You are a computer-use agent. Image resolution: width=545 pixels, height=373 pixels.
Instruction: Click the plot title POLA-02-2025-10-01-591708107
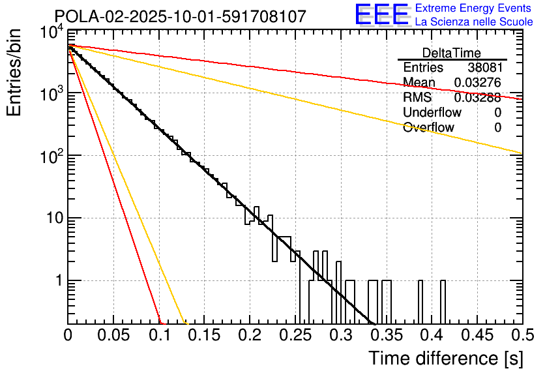coord(180,16)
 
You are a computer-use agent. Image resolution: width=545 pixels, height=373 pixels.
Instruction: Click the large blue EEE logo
coord(381,16)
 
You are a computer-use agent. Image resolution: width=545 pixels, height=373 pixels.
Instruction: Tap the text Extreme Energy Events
coord(474,8)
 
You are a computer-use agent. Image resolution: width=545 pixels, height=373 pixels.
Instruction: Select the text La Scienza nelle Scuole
coord(474,22)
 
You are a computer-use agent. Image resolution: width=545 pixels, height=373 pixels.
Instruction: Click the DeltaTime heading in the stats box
coord(452,53)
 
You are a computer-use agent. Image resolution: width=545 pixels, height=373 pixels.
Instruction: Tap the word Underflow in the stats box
coord(432,113)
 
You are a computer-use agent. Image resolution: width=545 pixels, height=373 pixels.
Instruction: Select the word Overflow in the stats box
coord(428,128)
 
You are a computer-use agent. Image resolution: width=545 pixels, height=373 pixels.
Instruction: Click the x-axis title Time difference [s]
coord(445,358)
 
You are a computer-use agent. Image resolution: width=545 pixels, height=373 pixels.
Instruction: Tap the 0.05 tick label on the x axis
coord(113,336)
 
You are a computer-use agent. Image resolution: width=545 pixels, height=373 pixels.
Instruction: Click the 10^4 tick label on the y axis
coord(51,33)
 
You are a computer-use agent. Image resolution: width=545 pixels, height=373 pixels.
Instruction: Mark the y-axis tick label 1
coord(57,281)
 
